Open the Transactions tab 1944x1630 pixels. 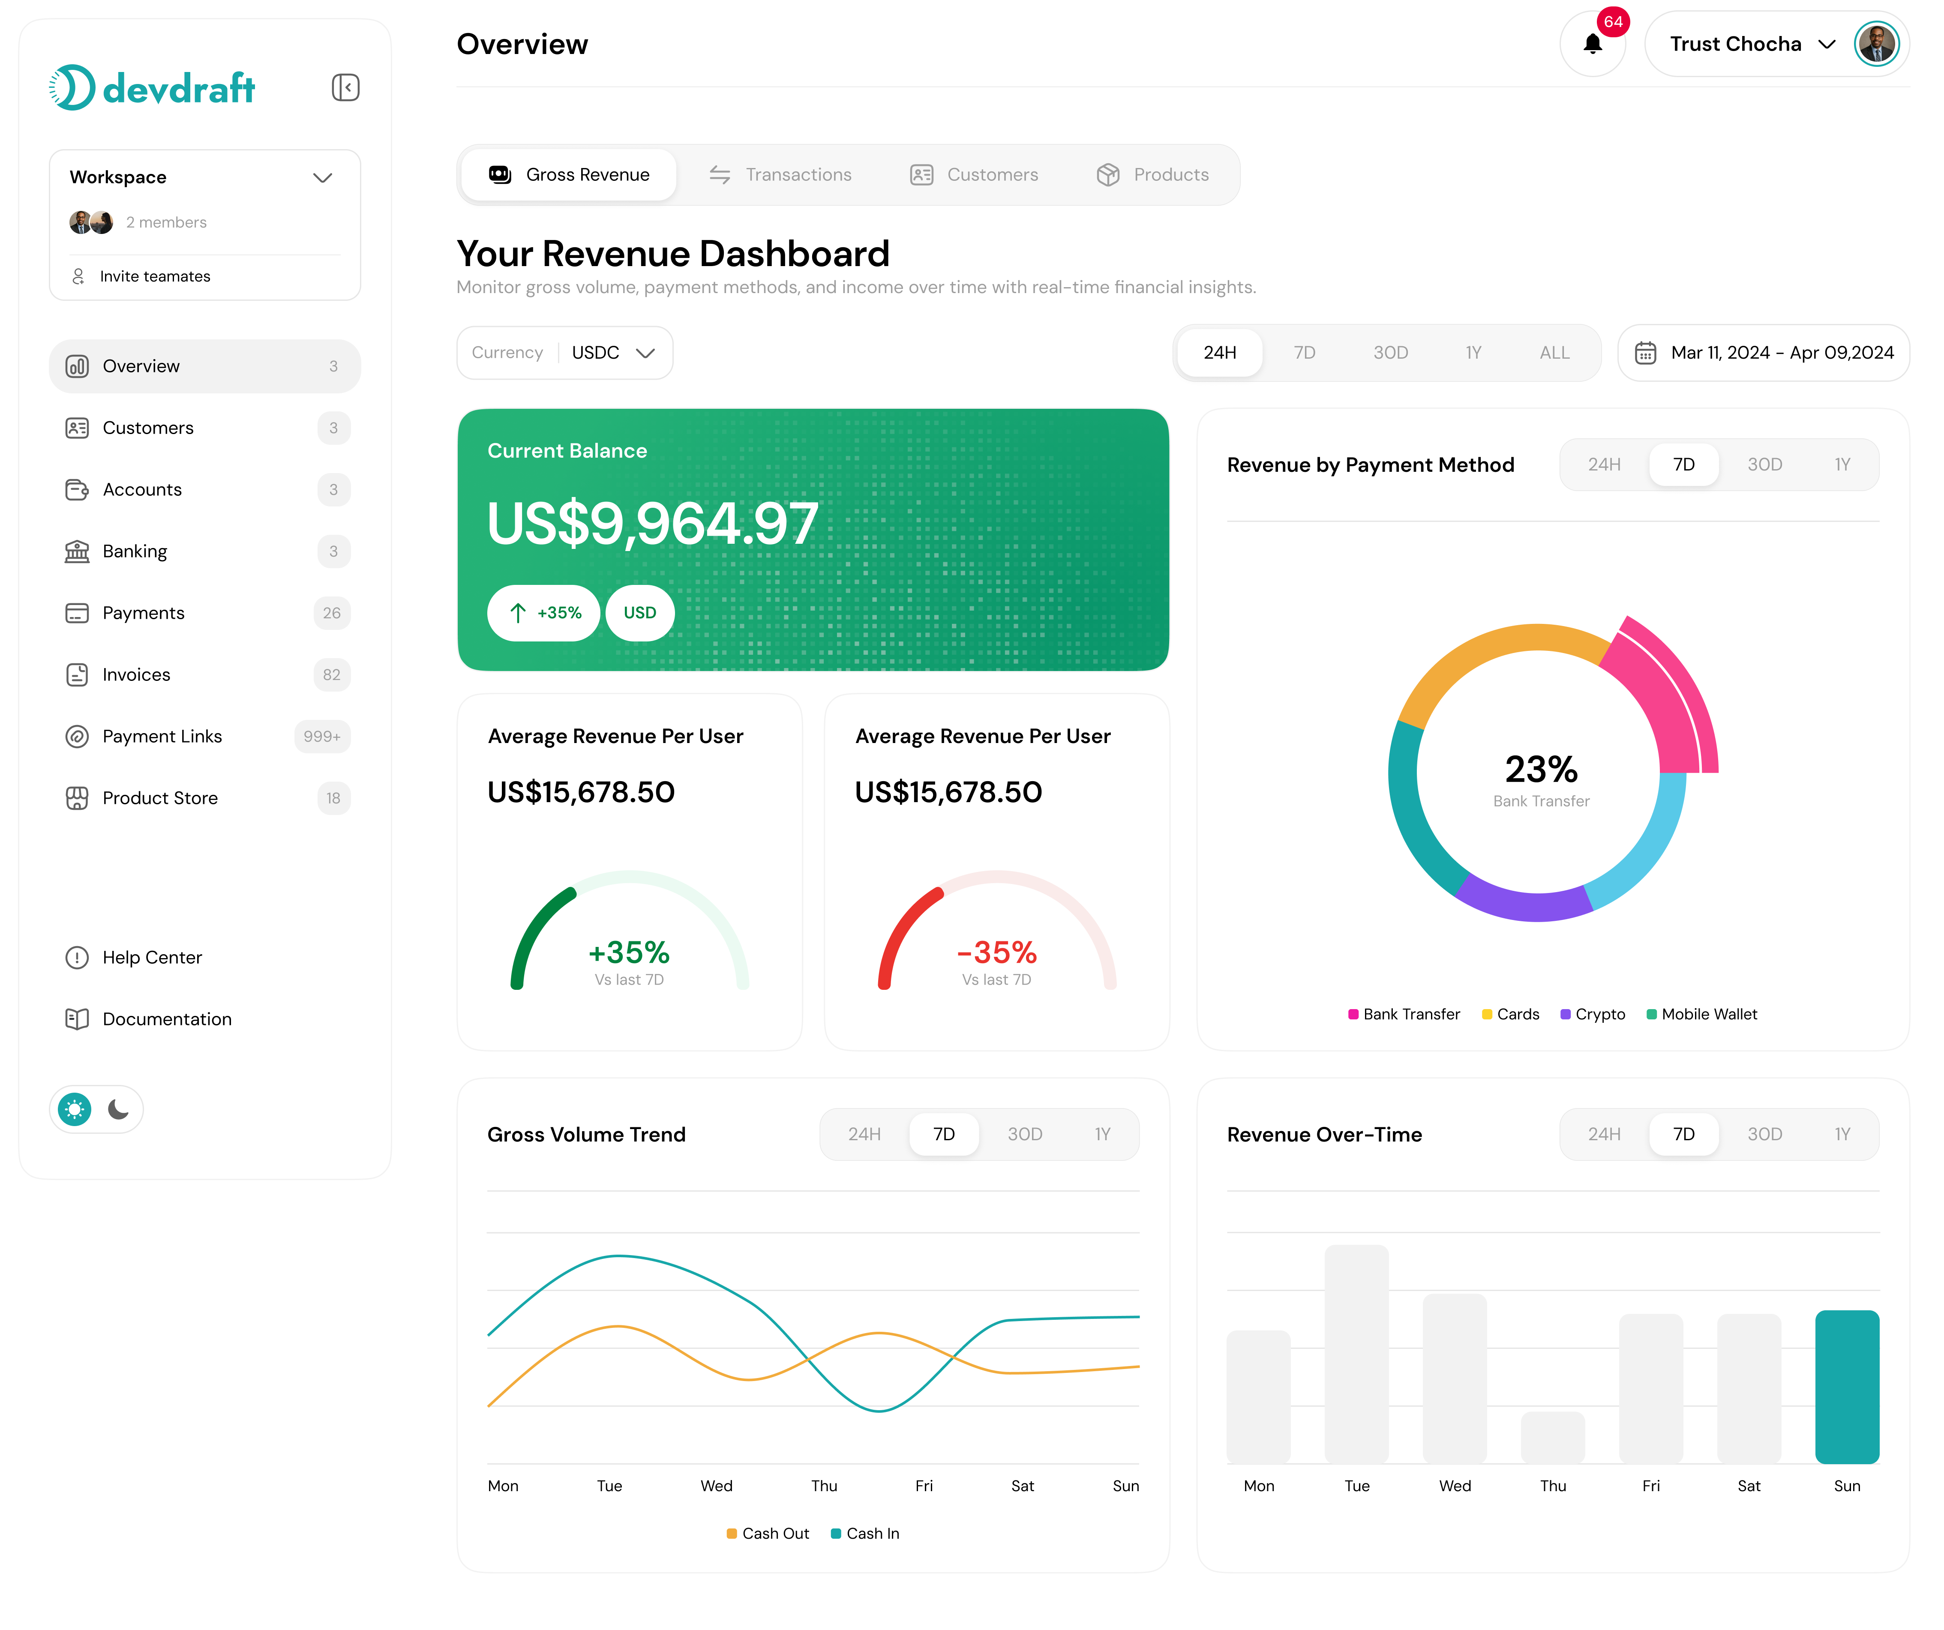[x=780, y=175]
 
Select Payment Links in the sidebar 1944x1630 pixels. [x=162, y=737]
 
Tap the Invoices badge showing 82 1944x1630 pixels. [x=331, y=675]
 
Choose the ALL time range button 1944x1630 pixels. [x=1554, y=353]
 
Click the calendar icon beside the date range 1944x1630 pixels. [x=1645, y=353]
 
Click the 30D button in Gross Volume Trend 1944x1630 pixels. [x=1025, y=1135]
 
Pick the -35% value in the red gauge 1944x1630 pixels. [x=997, y=953]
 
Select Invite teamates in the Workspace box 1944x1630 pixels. [x=155, y=277]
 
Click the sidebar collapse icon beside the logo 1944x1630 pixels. [x=345, y=88]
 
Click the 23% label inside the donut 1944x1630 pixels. [x=1540, y=769]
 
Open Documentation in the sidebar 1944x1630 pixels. [x=167, y=1019]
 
